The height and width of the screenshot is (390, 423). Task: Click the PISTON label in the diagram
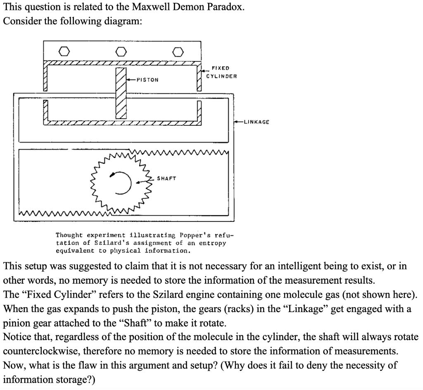pyautogui.click(x=148, y=80)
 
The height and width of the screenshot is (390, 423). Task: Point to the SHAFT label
pyautogui.click(x=166, y=179)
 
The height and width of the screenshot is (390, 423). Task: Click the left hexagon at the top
pyautogui.click(x=64, y=52)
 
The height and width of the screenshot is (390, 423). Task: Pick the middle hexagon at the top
pyautogui.click(x=121, y=52)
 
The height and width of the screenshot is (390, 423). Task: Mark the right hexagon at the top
pyautogui.click(x=178, y=52)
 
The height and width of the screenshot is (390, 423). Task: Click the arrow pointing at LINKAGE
pyautogui.click(x=238, y=122)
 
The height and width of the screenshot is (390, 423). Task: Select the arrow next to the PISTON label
pyautogui.click(x=132, y=80)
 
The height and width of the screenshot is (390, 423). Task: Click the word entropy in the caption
pyautogui.click(x=212, y=243)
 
